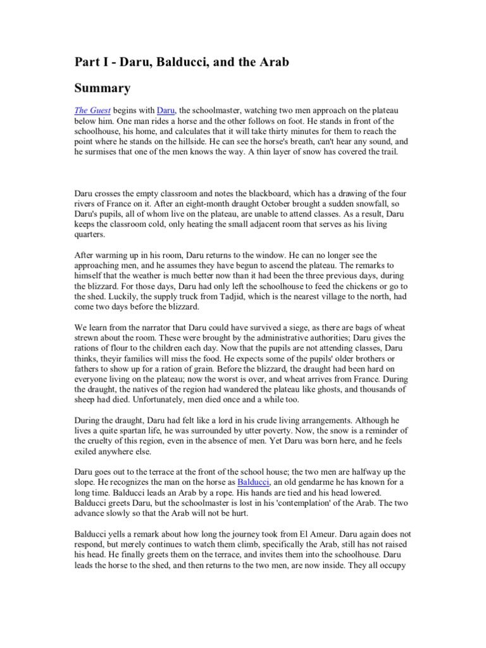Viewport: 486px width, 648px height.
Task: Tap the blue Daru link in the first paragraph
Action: click(165, 111)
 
